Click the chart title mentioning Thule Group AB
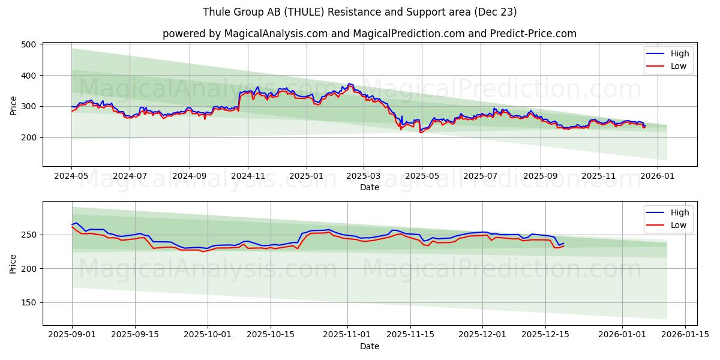point(359,12)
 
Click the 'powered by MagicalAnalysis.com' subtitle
point(369,34)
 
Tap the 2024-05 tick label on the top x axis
point(71,176)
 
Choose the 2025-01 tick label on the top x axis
point(306,176)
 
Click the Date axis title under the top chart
point(369,187)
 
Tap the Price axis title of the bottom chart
point(13,263)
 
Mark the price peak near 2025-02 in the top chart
point(349,84)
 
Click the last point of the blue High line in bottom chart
point(563,243)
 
